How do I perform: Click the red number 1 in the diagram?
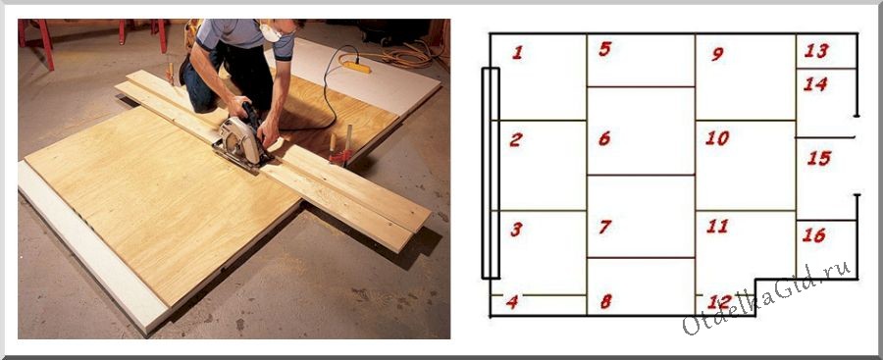point(517,53)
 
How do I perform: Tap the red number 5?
point(604,49)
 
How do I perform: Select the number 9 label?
point(717,54)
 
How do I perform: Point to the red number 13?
point(816,51)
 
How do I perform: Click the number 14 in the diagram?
point(815,84)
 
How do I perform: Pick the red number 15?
point(819,158)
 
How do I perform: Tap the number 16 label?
point(814,234)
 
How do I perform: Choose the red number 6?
point(604,138)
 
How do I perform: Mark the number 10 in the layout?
point(717,138)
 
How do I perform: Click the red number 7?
point(605,227)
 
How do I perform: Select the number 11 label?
point(717,227)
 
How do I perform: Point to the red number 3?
point(516,230)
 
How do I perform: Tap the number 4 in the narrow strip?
point(512,302)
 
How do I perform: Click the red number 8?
point(606,302)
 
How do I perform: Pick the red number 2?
point(516,139)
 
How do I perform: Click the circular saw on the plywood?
point(241,138)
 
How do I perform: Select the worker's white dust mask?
point(270,32)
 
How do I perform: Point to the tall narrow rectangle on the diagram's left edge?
point(491,173)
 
